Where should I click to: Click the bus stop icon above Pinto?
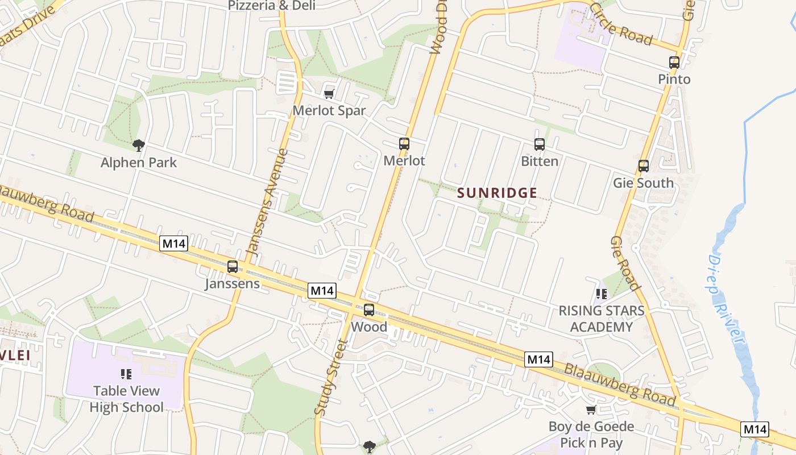pyautogui.click(x=674, y=63)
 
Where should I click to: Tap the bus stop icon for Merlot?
pyautogui.click(x=404, y=144)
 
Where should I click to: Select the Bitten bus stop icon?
pyautogui.click(x=540, y=144)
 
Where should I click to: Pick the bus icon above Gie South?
pyautogui.click(x=644, y=166)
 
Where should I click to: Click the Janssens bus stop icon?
pyautogui.click(x=233, y=267)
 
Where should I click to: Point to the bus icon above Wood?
pyautogui.click(x=369, y=310)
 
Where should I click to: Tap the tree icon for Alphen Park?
pyautogui.click(x=138, y=146)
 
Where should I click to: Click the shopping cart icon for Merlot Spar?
pyautogui.click(x=329, y=94)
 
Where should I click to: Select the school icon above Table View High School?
pyautogui.click(x=126, y=374)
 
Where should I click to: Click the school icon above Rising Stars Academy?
pyautogui.click(x=602, y=294)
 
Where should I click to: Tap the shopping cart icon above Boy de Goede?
pyautogui.click(x=591, y=410)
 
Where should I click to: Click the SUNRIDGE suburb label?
pyautogui.click(x=498, y=193)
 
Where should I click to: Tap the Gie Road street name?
pyautogui.click(x=626, y=263)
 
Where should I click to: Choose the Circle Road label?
pyautogui.click(x=621, y=23)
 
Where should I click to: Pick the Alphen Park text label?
pyautogui.click(x=139, y=163)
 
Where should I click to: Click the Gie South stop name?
pyautogui.click(x=643, y=183)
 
